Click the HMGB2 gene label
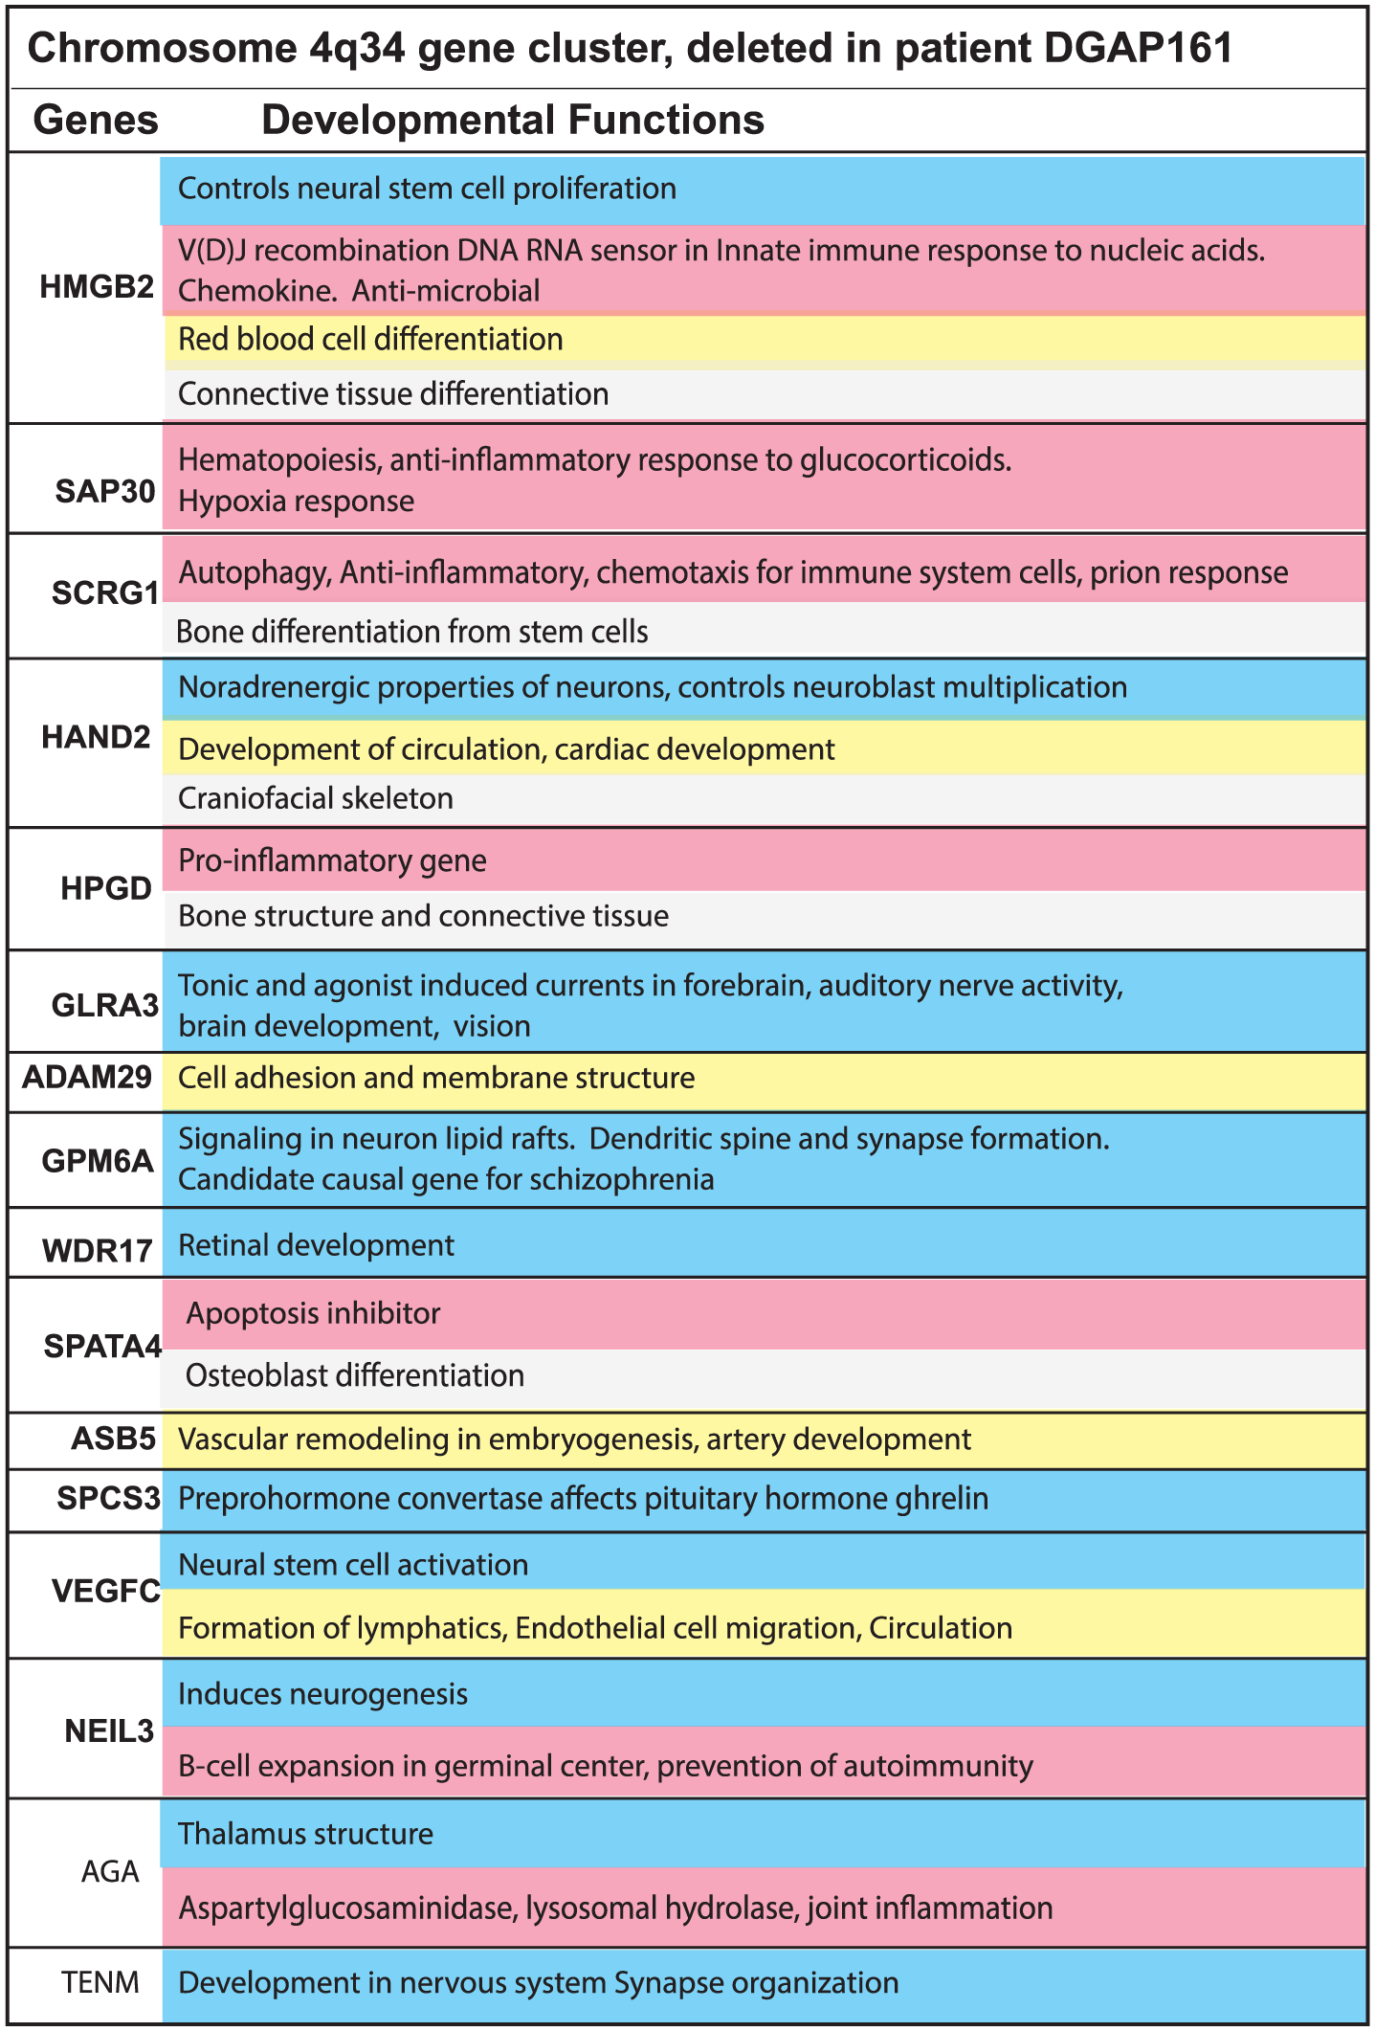97,287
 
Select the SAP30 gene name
105,491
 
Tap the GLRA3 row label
105,1005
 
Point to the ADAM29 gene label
87,1078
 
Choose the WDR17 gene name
98,1250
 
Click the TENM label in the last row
100,1981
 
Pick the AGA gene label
110,1871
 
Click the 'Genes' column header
96,121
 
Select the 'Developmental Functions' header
513,121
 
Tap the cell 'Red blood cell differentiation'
370,340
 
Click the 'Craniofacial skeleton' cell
316,798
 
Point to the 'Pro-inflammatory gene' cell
332,860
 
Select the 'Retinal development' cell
316,1245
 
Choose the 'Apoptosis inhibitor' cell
313,1313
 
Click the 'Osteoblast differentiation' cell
354,1375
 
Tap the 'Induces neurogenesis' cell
322,1694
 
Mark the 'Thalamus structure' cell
305,1834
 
